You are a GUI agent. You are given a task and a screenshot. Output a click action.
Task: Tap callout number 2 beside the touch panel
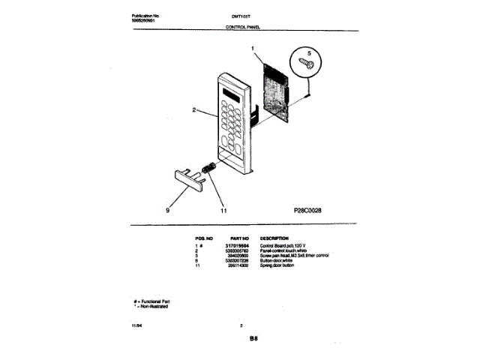coord(193,110)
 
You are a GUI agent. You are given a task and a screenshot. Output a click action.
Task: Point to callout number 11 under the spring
coord(223,211)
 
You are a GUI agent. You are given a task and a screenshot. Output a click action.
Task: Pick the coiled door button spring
coord(211,169)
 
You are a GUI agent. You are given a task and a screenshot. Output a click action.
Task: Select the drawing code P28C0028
coord(304,211)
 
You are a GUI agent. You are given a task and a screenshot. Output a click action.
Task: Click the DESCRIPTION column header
coord(274,237)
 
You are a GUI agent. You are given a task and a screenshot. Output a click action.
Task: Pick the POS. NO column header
coord(204,237)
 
